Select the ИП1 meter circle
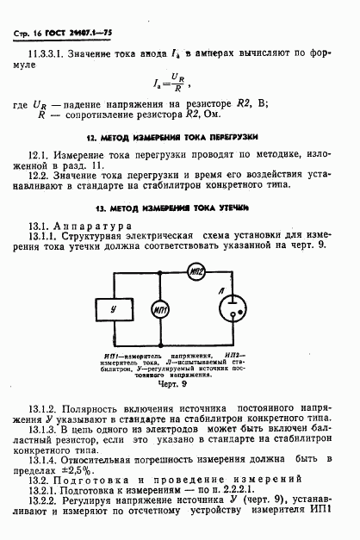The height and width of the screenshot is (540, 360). coord(159,307)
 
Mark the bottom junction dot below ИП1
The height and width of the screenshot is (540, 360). coord(159,343)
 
